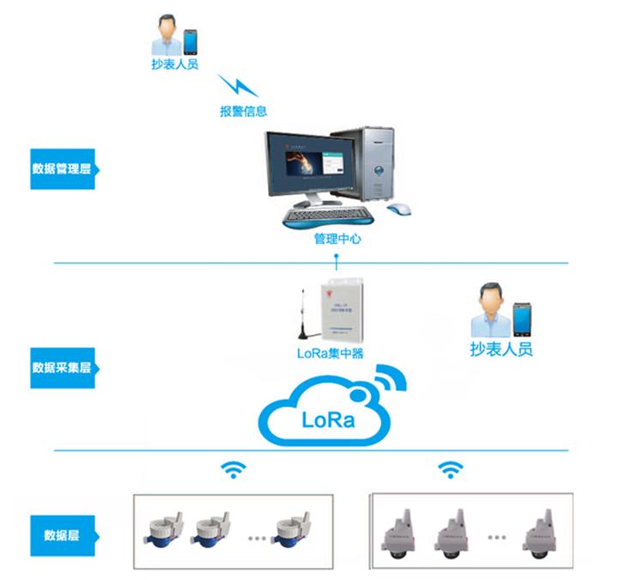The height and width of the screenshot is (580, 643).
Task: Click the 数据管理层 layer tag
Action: point(62,168)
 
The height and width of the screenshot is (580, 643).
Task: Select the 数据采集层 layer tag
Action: point(62,368)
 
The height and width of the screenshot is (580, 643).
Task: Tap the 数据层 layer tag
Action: point(62,534)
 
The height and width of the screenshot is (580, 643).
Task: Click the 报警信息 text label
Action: point(243,111)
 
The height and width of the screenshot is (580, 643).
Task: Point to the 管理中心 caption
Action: point(337,239)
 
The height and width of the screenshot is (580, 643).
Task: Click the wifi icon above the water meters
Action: point(233,469)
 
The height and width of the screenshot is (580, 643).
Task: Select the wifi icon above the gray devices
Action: point(449,469)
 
